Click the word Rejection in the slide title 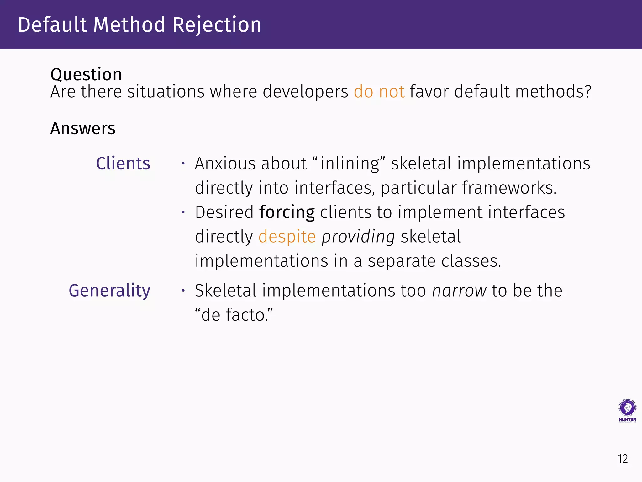coord(217,25)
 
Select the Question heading coord(86,75)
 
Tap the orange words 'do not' coord(379,92)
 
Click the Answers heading coord(83,128)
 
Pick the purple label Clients coord(123,163)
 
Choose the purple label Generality coord(109,291)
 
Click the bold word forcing coord(287,212)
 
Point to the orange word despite coord(287,237)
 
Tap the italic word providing coord(358,237)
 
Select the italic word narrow coord(459,291)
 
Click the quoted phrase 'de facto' coord(234,315)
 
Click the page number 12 coord(622,459)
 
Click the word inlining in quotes coord(350,163)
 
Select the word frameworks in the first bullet coord(508,188)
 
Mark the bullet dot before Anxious coord(183,163)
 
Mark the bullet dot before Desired coord(183,212)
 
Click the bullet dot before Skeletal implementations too coord(183,291)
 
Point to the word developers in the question coord(305,92)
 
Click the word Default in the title coord(52,25)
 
